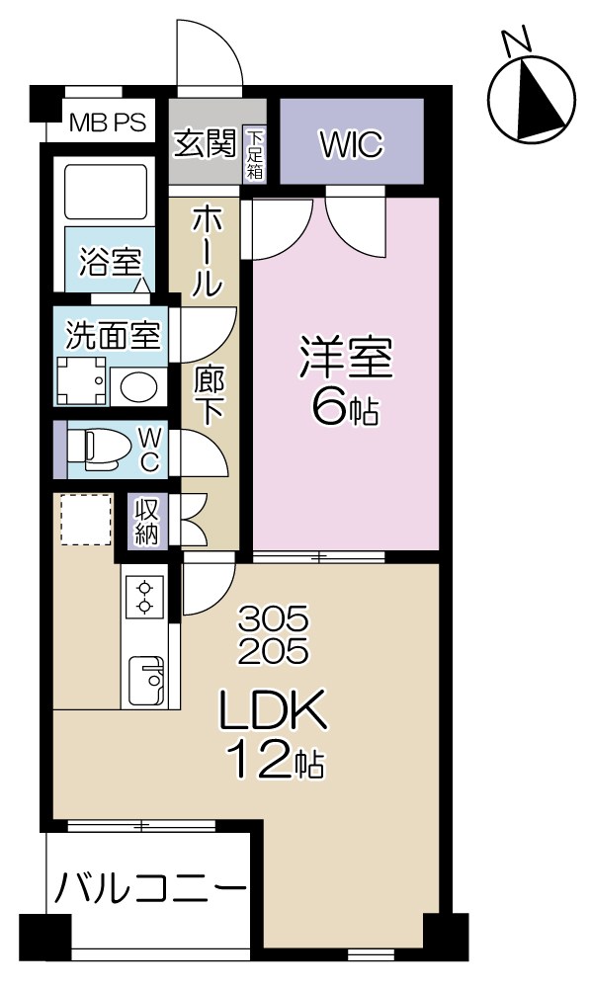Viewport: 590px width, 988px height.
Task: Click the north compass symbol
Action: coord(533,97)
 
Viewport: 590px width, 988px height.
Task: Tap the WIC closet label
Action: coord(350,144)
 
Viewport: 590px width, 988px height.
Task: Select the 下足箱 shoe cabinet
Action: coord(255,154)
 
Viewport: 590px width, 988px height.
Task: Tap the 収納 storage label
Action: coord(147,520)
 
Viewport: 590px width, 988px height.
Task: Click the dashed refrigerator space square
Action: coord(85,520)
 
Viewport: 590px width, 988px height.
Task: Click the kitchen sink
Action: coord(148,680)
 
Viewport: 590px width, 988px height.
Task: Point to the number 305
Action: coord(274,620)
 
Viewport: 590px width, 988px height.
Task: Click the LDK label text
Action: coord(273,710)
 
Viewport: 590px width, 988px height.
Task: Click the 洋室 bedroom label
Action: coord(345,360)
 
